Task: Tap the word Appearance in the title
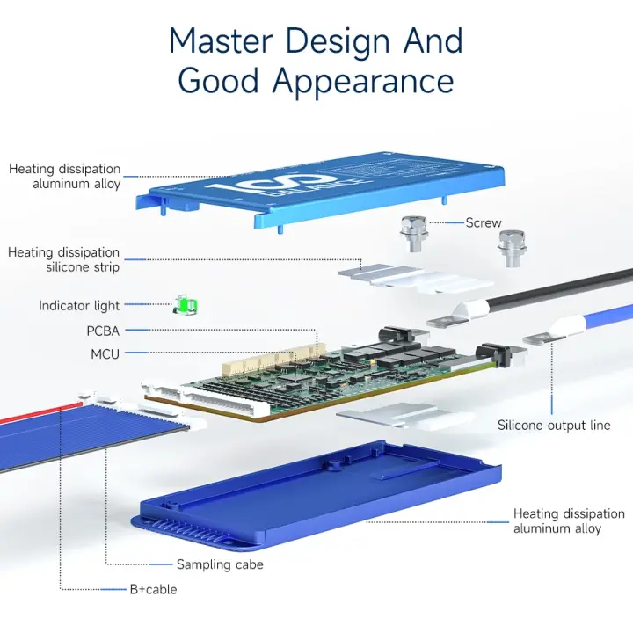(363, 80)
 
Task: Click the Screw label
(484, 223)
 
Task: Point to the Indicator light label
(79, 306)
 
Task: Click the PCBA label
(103, 331)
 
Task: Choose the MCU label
(105, 354)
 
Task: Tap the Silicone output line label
(554, 426)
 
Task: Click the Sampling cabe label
(220, 564)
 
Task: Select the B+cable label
(153, 589)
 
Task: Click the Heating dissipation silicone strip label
(63, 259)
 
